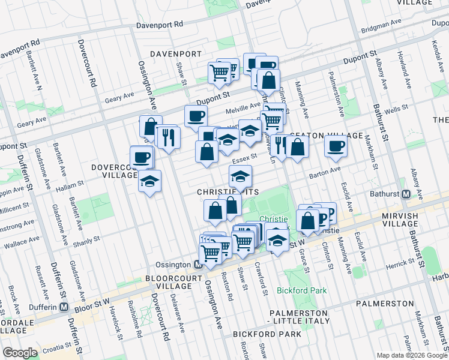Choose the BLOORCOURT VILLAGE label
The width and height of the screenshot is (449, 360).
(169, 283)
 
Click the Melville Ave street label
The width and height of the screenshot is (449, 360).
(243, 106)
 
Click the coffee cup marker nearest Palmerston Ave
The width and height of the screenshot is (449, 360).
(336, 145)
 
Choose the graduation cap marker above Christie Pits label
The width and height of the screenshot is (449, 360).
(240, 176)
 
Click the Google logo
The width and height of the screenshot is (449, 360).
(20, 353)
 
